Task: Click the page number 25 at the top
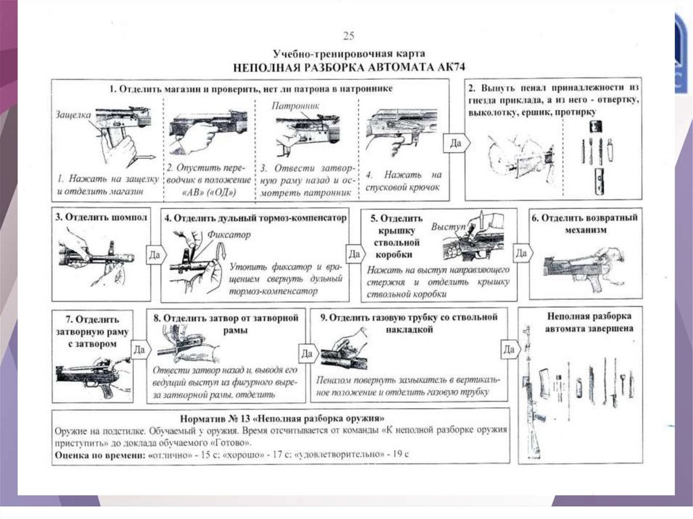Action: (349, 36)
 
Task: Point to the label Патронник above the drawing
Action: (292, 106)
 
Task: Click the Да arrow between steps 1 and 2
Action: (453, 143)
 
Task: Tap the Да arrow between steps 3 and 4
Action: (155, 255)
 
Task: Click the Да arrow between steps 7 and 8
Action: (139, 350)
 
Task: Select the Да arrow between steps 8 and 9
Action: (307, 353)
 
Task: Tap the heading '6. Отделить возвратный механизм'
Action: (585, 223)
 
